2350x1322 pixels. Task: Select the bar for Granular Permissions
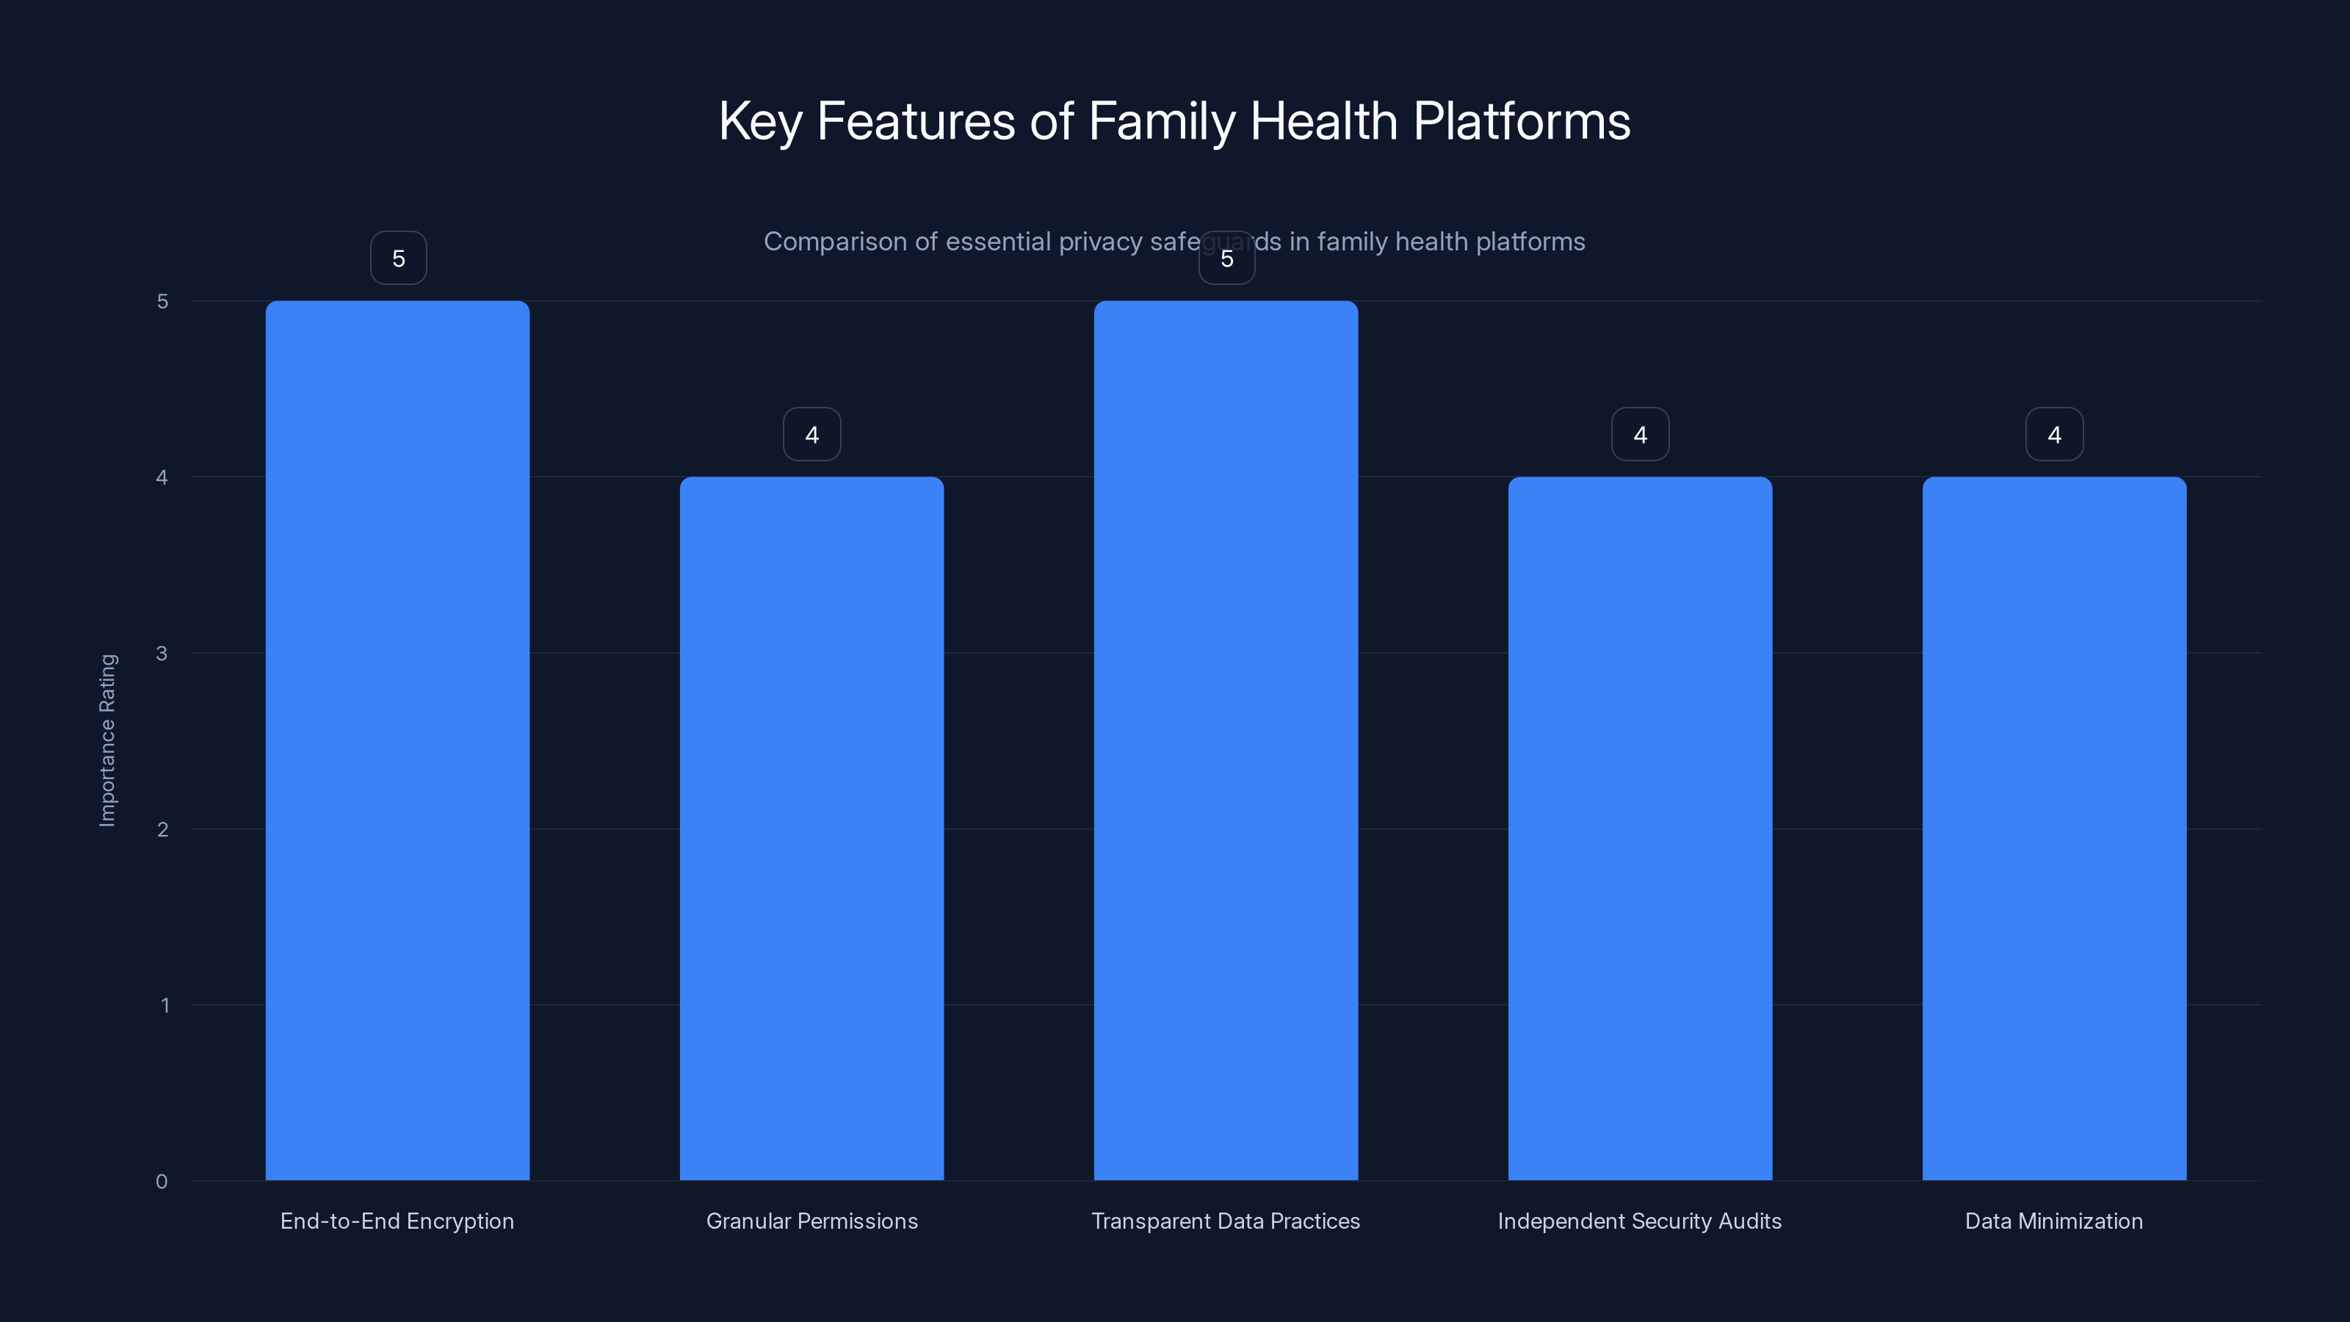click(x=812, y=828)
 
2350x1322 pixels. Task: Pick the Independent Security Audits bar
click(x=1641, y=828)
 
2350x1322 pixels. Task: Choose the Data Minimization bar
click(x=2055, y=828)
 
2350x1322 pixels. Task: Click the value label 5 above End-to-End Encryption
click(x=399, y=259)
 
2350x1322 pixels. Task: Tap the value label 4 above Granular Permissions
click(x=812, y=434)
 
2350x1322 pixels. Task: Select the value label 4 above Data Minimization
click(x=2055, y=434)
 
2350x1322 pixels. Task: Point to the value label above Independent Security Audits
click(x=1641, y=434)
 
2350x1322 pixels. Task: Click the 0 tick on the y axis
click(x=162, y=1182)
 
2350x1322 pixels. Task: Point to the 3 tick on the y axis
click(x=162, y=653)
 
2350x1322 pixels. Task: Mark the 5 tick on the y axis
click(x=162, y=301)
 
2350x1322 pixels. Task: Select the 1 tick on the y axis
click(x=164, y=1005)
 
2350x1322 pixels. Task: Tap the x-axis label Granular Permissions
click(x=812, y=1221)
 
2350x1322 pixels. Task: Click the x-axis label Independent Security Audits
click(x=1639, y=1221)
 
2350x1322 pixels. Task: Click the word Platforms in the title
click(x=1521, y=121)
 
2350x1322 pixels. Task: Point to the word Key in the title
click(x=760, y=121)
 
